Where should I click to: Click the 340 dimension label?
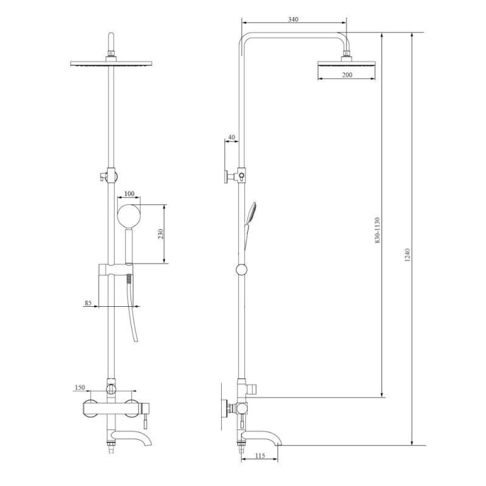(293, 19)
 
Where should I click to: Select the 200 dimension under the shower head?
(347, 75)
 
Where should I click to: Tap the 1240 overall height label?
(407, 255)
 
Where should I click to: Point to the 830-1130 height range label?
(377, 230)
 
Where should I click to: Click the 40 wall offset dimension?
(231, 137)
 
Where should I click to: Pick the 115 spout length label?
(261, 456)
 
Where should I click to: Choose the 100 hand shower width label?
(129, 194)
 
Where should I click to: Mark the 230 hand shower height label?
(160, 234)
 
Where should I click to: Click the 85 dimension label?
(88, 303)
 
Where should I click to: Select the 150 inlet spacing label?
(80, 388)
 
